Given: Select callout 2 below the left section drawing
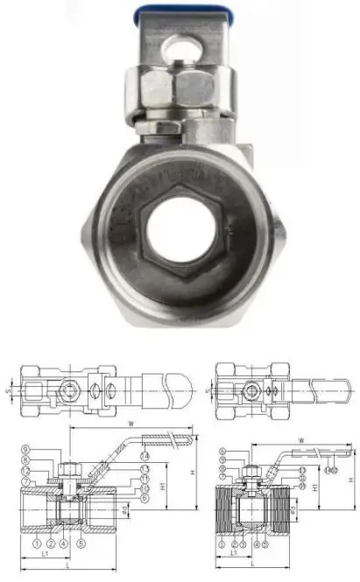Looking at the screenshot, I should tap(52, 544).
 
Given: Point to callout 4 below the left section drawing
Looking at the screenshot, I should tap(64, 544).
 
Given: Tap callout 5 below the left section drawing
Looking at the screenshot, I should tap(80, 544).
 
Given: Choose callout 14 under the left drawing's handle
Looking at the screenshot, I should tap(145, 456).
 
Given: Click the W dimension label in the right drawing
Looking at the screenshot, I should tap(300, 439).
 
